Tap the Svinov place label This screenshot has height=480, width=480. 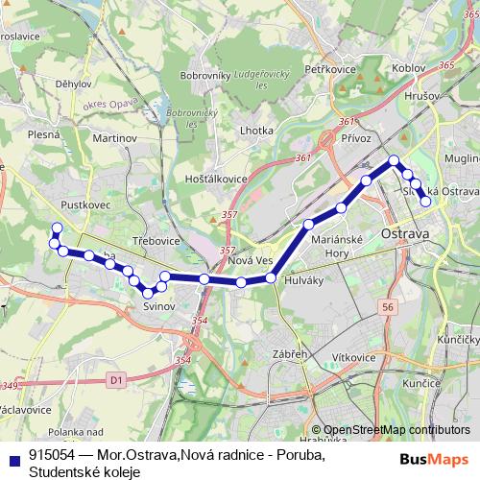(158, 305)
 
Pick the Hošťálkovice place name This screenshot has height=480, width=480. (217, 179)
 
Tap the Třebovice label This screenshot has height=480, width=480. (156, 240)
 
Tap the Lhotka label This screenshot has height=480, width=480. (256, 130)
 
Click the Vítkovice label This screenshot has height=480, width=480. (354, 357)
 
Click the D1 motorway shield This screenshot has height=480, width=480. (116, 381)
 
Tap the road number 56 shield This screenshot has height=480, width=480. (387, 306)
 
